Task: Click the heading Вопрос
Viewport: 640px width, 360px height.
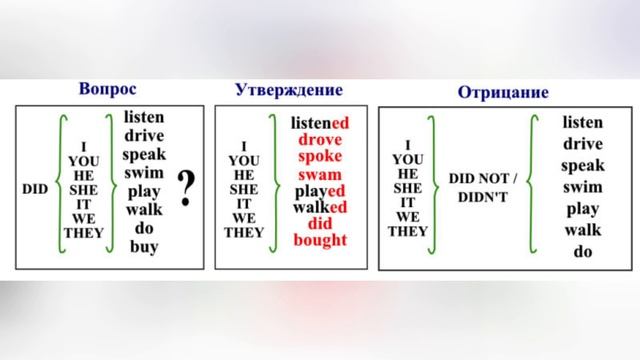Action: coord(106,88)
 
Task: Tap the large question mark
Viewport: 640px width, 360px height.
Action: coord(185,186)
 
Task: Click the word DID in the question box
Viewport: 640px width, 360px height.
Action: coord(36,188)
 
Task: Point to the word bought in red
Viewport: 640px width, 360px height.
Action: coord(319,240)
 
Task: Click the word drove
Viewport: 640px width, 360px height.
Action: coord(319,139)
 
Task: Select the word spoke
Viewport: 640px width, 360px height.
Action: coord(319,156)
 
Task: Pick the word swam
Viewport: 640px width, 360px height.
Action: coord(319,174)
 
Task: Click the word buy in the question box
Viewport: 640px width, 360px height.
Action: coord(144,246)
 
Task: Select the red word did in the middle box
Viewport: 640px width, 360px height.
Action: coord(319,223)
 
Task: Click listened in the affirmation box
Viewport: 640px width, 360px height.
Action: coord(319,122)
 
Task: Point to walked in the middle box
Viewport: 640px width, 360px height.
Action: coord(319,207)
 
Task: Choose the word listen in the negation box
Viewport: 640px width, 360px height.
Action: coord(583,122)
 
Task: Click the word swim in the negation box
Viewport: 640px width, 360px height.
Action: coord(583,187)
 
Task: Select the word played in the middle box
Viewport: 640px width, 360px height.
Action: coord(319,190)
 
